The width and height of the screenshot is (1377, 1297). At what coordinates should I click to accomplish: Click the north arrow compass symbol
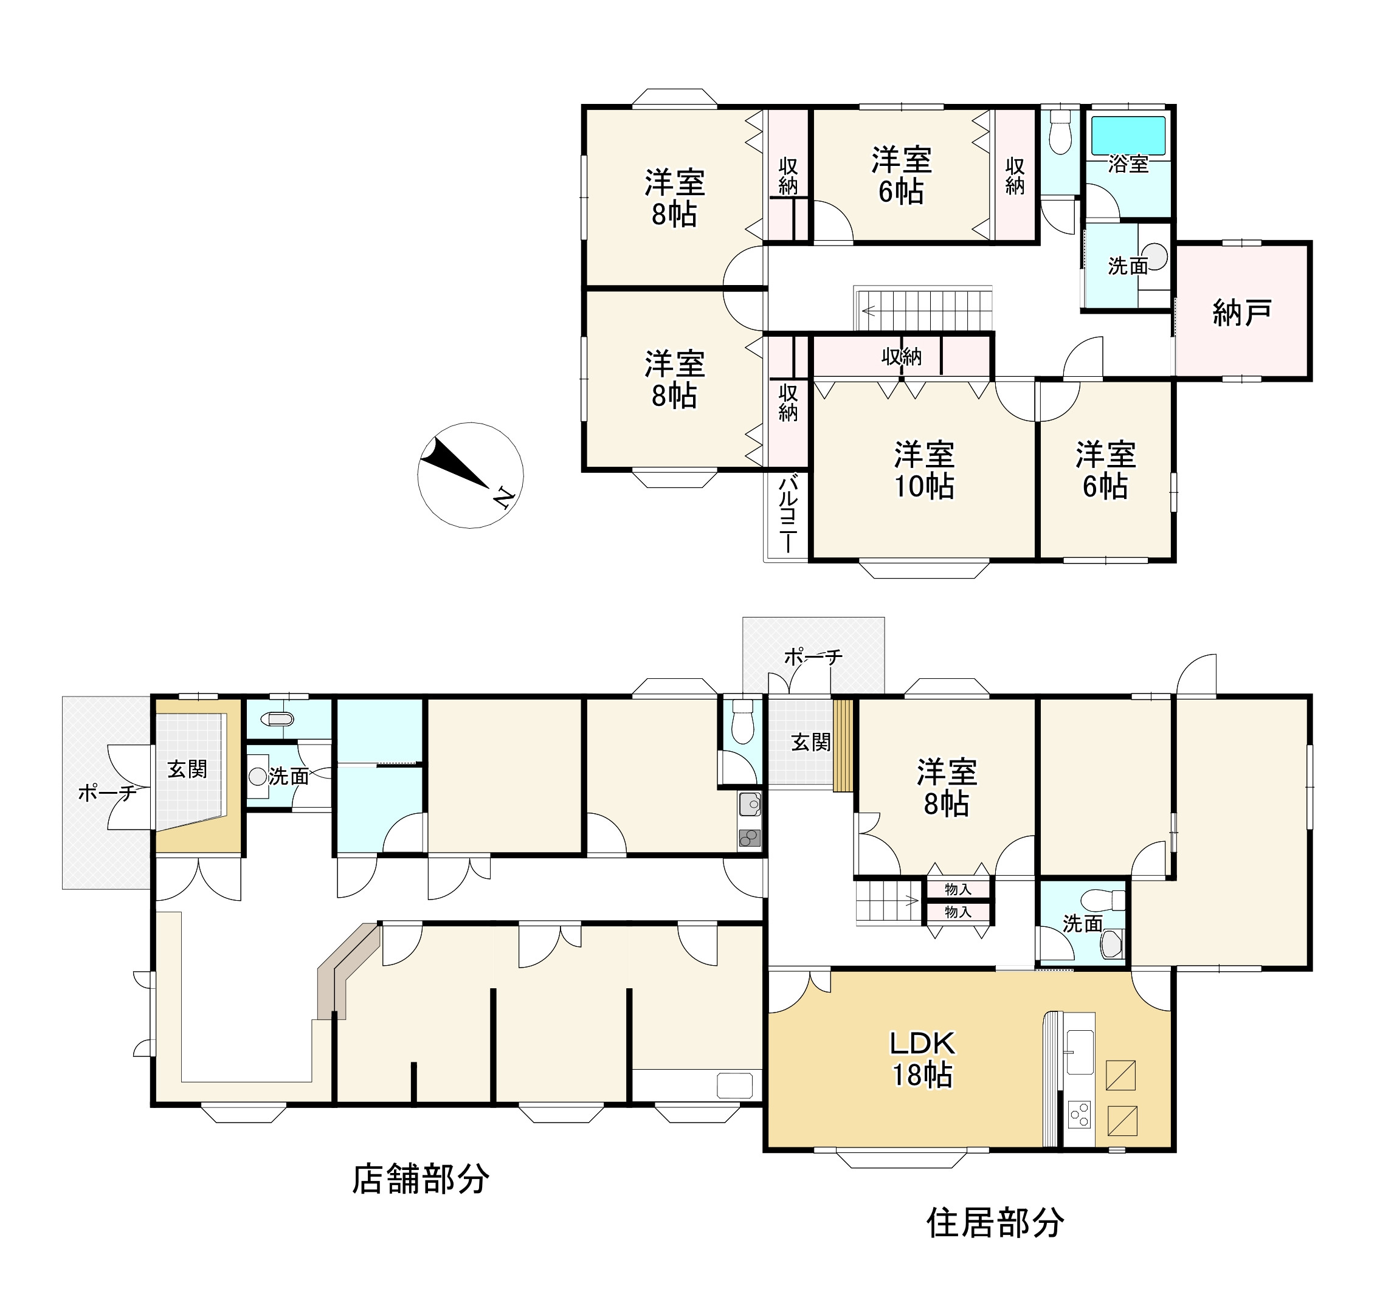[x=471, y=475]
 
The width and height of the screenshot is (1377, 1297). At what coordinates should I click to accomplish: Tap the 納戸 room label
[x=1241, y=313]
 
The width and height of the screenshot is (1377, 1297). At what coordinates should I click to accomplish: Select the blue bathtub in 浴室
[x=1128, y=136]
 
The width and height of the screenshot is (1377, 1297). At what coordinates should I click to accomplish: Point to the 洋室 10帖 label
[x=924, y=470]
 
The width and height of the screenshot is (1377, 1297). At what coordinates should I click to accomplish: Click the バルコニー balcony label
[x=787, y=513]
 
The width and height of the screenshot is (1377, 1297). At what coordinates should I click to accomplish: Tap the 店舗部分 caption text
[x=421, y=1178]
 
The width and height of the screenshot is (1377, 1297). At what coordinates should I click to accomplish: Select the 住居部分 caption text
[x=995, y=1223]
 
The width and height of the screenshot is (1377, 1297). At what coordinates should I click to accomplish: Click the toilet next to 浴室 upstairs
[x=1060, y=138]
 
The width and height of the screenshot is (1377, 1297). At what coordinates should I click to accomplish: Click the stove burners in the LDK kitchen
[x=1079, y=1115]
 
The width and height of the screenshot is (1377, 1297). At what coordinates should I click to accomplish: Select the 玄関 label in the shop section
[x=187, y=769]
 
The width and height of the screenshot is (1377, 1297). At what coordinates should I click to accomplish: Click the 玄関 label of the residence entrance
[x=810, y=742]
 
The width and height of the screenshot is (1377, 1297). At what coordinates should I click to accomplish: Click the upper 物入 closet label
[x=958, y=889]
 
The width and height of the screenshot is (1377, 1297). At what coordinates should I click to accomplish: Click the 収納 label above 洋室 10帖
[x=901, y=357]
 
